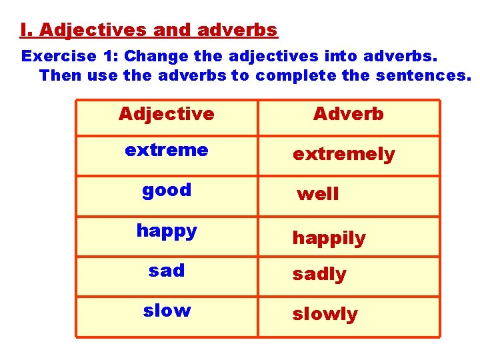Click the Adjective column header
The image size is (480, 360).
coord(166,114)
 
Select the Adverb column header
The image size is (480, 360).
coord(348,114)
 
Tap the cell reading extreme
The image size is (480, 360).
coord(166,150)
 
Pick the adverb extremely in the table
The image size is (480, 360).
coord(343,155)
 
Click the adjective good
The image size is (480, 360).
coord(166,190)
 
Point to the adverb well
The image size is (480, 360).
coord(317,194)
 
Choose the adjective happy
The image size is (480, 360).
coord(166,231)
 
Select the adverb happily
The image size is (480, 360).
coord(329,238)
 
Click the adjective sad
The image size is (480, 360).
coord(166,270)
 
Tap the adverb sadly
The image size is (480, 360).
coord(319,274)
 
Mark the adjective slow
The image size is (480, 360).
coord(166,310)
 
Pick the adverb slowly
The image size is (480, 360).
coord(325,314)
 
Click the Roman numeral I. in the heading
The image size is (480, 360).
coord(26,30)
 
